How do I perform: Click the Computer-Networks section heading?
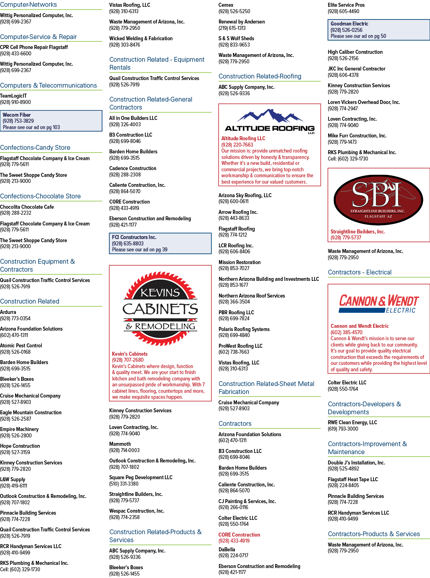(x=28, y=4)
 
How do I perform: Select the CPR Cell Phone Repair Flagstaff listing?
(x=34, y=47)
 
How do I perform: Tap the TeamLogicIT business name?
(x=13, y=96)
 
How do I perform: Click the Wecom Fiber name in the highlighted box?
(x=17, y=115)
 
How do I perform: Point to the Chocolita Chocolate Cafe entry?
(x=27, y=207)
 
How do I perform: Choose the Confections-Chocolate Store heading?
(x=40, y=196)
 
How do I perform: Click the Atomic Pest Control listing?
(x=21, y=345)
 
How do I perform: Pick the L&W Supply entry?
(x=12, y=479)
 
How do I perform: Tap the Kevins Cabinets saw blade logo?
(x=160, y=309)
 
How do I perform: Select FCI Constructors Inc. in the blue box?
(x=134, y=237)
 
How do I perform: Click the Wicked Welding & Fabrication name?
(x=141, y=38)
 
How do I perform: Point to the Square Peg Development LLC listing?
(x=141, y=477)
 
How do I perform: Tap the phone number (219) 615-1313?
(x=232, y=28)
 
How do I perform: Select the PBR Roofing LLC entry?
(x=236, y=312)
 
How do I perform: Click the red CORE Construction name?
(x=239, y=535)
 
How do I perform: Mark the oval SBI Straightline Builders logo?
(x=378, y=200)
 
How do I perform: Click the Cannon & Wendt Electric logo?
(x=379, y=304)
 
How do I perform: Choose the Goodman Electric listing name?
(x=349, y=24)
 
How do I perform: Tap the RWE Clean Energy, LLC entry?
(x=352, y=422)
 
